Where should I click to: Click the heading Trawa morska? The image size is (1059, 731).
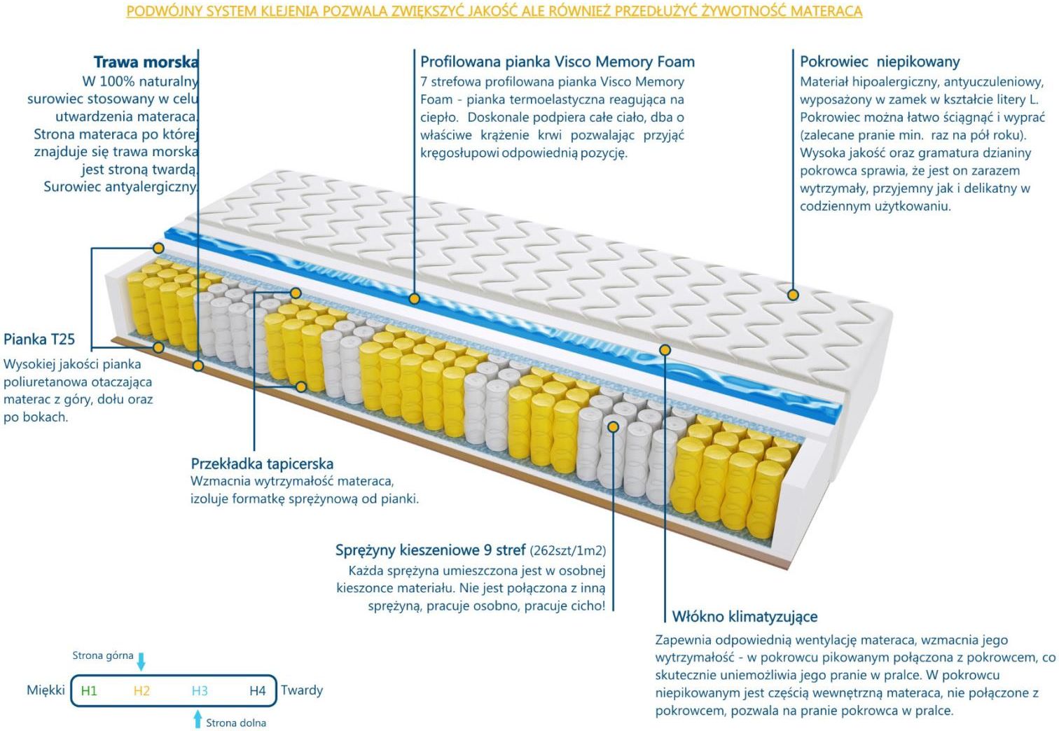(146, 62)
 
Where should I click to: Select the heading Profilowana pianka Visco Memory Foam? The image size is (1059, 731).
(558, 62)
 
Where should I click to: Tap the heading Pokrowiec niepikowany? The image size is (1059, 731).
(880, 62)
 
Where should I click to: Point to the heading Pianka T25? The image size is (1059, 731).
(39, 339)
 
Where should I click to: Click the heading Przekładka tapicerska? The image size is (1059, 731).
(262, 463)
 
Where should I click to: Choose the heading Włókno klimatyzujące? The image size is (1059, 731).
(745, 616)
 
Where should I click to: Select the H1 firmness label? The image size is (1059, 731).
(89, 691)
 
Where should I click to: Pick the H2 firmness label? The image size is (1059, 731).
(141, 691)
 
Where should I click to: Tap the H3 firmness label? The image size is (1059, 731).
(200, 691)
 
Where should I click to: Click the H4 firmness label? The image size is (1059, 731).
(258, 691)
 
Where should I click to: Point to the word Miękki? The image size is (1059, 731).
(46, 690)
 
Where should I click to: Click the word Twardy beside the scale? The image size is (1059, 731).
(302, 690)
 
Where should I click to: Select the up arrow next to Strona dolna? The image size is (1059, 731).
(198, 718)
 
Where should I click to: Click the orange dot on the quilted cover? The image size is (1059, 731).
(793, 295)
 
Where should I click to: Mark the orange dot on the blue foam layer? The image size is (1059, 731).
(414, 299)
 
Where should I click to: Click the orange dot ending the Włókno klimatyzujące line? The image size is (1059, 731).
(665, 350)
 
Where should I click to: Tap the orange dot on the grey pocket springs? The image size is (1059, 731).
(613, 427)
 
